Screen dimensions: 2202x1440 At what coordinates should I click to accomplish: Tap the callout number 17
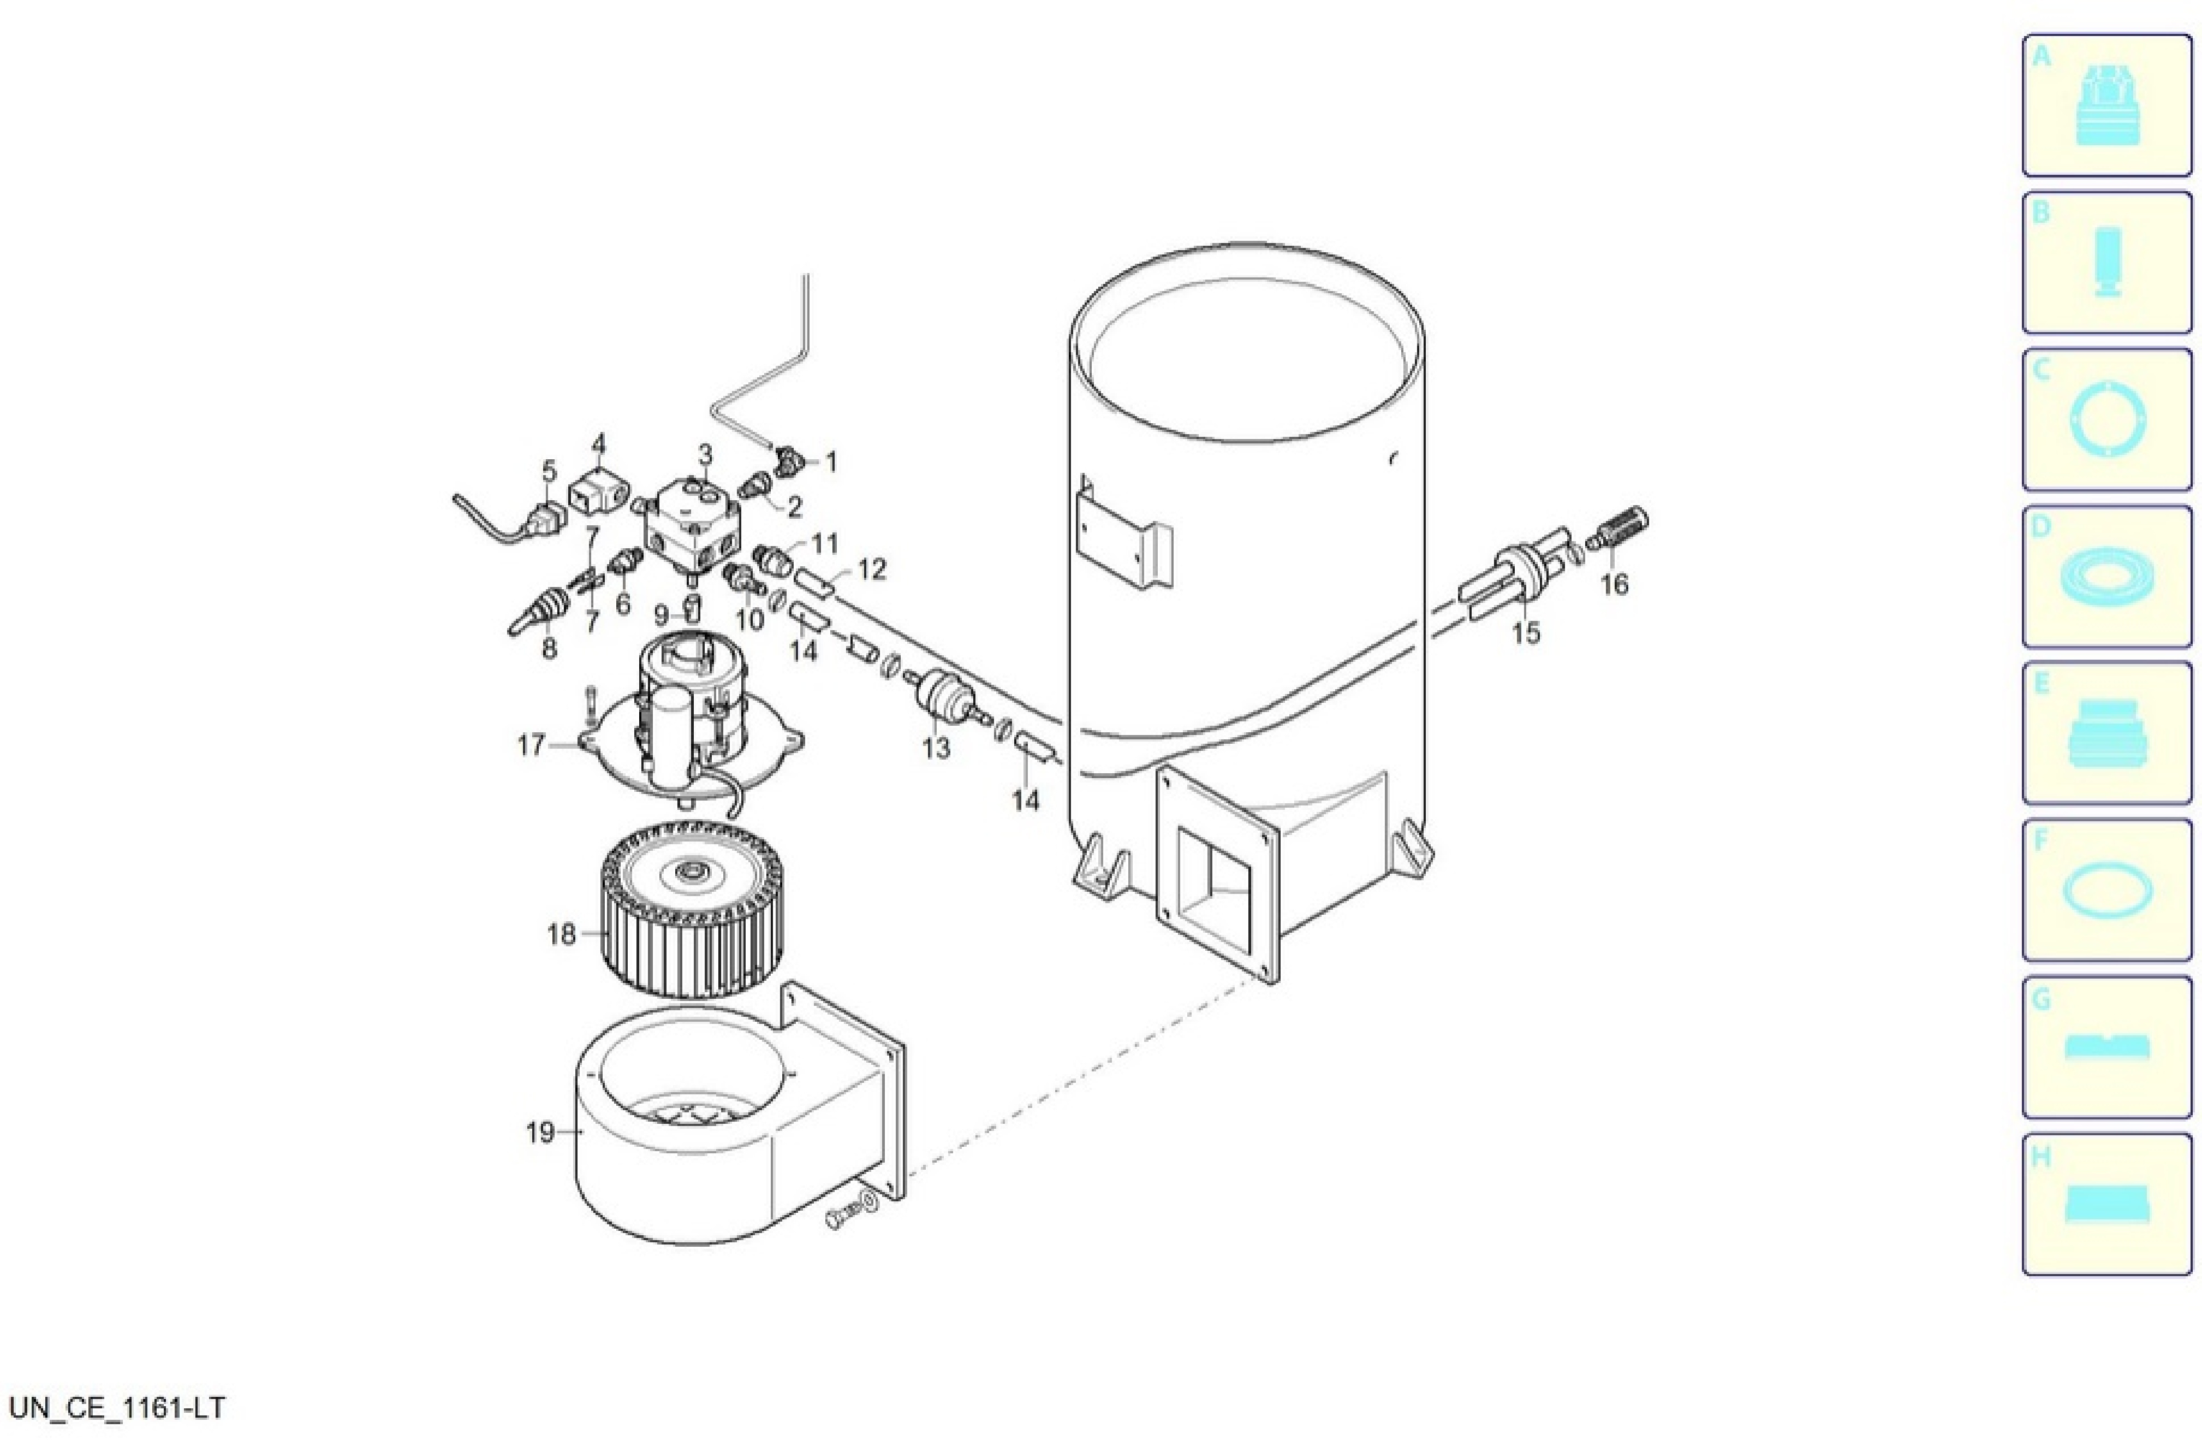(532, 745)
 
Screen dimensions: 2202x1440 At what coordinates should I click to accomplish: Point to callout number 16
(1615, 585)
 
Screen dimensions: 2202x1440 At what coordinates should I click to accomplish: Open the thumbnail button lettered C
(2106, 419)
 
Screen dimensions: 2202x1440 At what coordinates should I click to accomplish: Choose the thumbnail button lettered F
(2106, 890)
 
